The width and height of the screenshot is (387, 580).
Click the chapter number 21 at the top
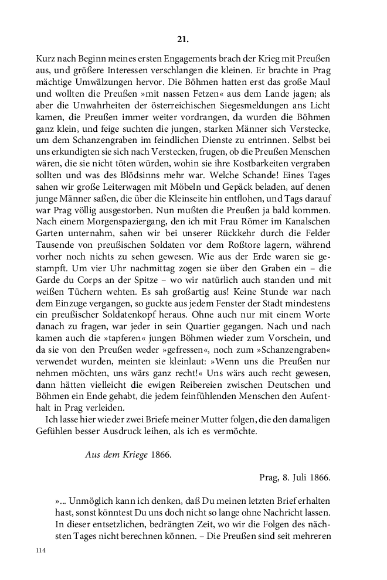(x=182, y=40)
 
